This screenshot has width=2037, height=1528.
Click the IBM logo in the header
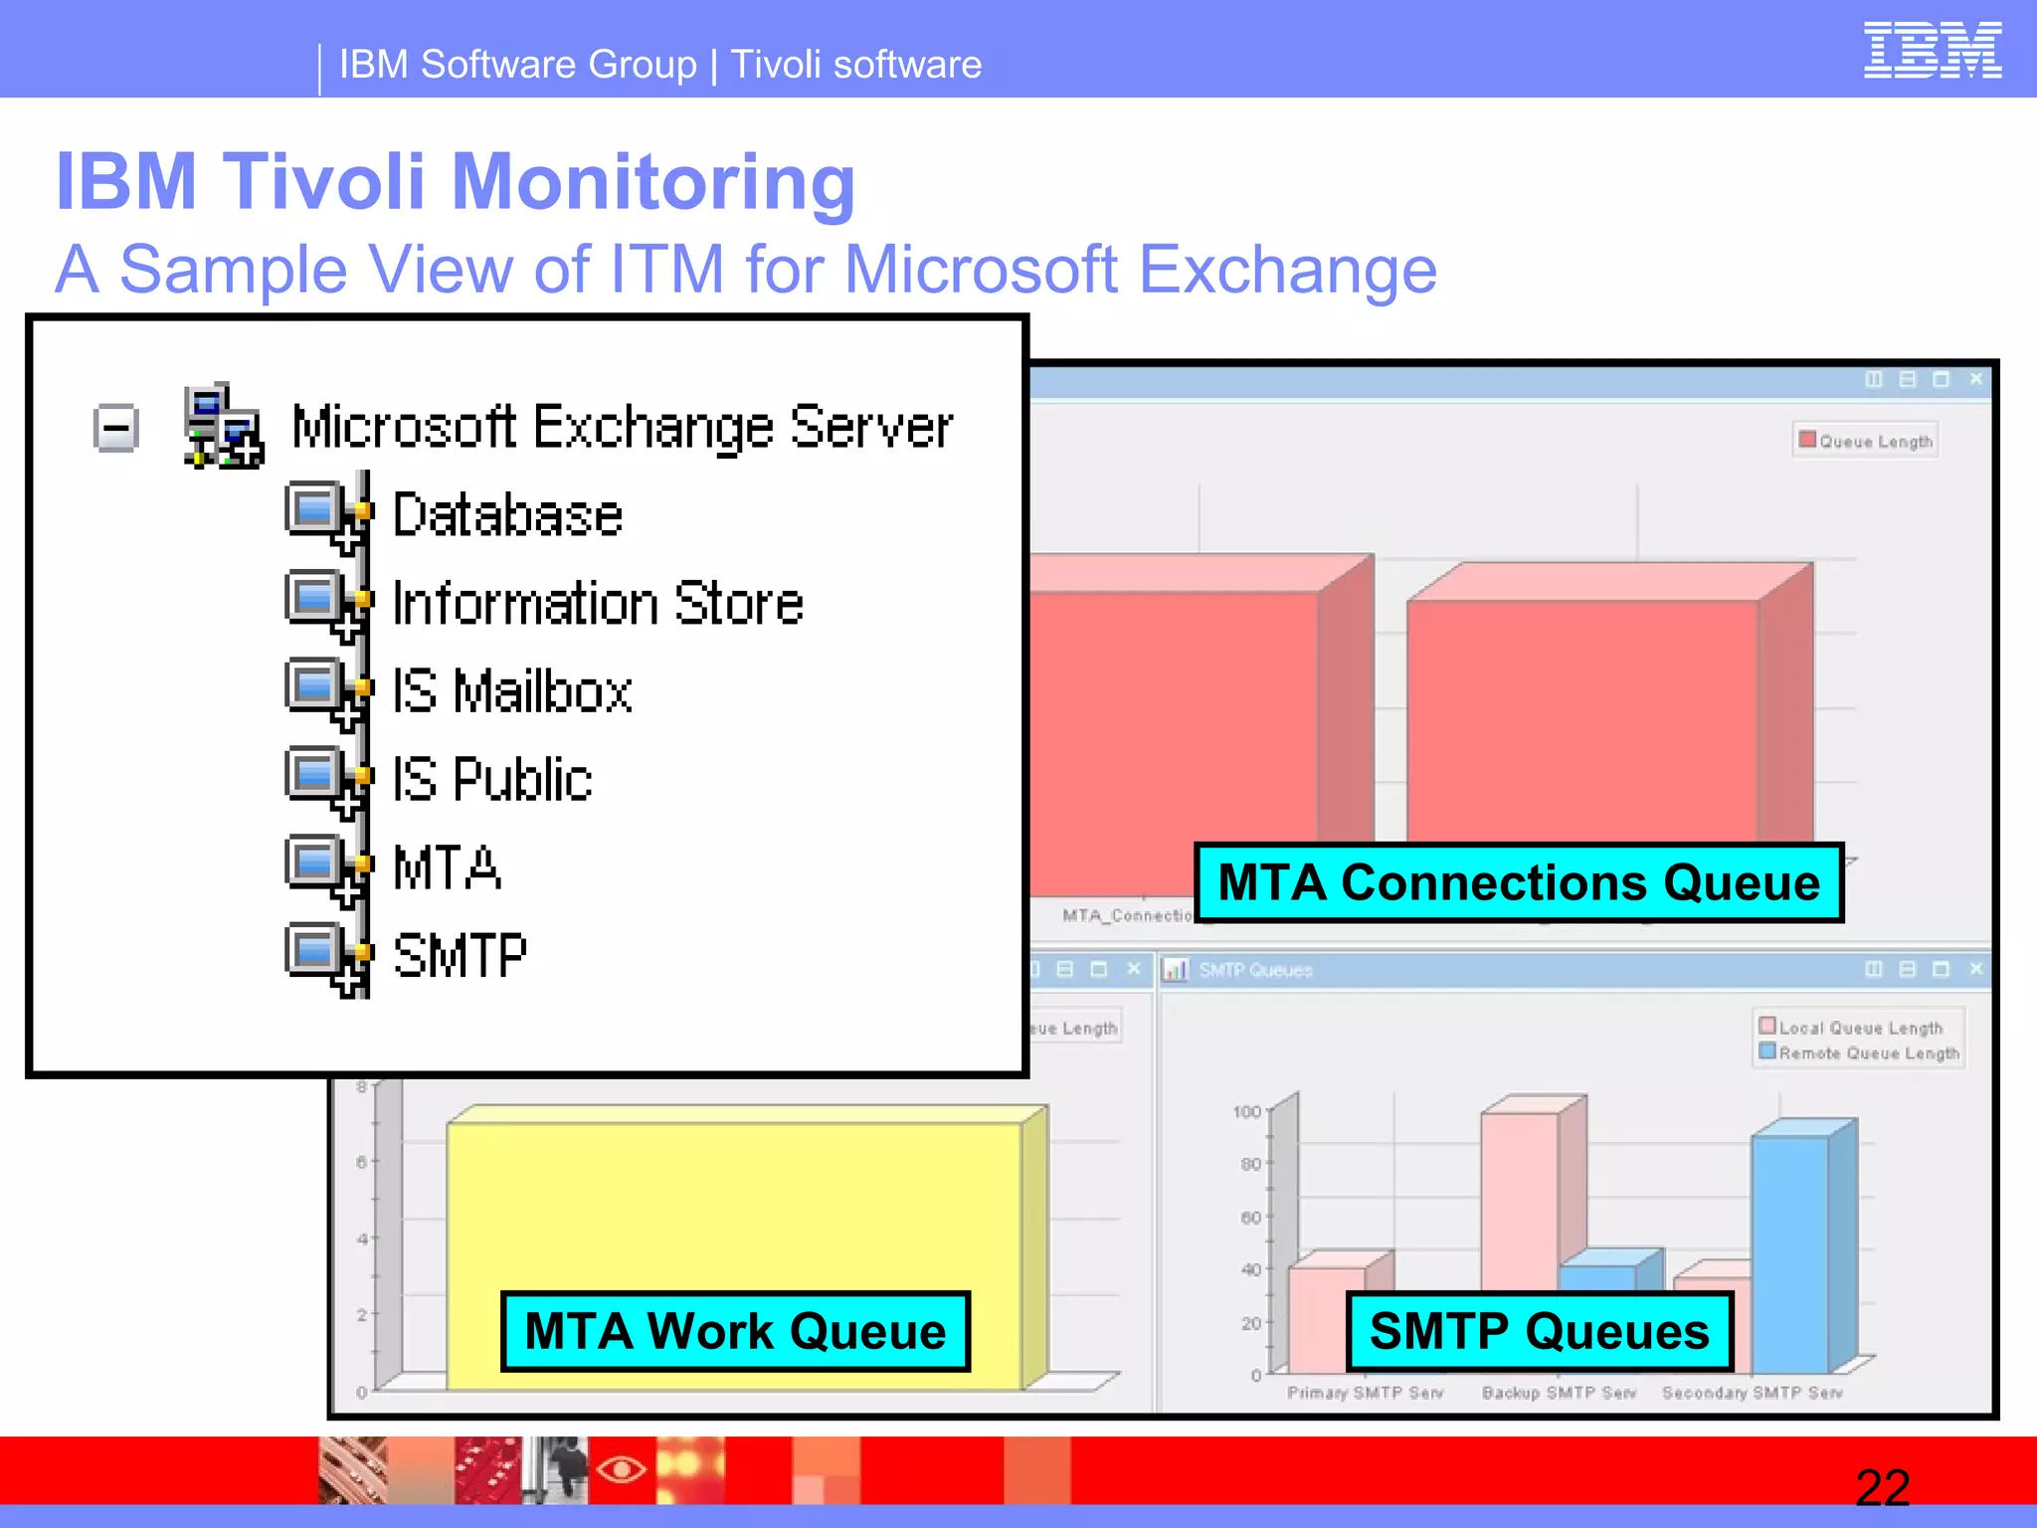[1932, 51]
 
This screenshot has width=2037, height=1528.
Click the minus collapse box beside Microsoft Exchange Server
[116, 429]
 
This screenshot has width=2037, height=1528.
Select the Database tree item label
[507, 515]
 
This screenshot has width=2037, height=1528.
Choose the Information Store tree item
[598, 604]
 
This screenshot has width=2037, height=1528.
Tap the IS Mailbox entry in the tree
[512, 691]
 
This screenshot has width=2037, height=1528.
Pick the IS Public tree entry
[492, 779]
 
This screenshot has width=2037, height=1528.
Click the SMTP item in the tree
[460, 956]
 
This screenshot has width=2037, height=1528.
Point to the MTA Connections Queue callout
[1518, 882]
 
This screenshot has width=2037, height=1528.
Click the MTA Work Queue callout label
[735, 1331]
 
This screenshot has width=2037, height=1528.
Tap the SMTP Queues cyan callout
[1539, 1331]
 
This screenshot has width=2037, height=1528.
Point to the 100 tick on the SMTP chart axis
[1246, 1111]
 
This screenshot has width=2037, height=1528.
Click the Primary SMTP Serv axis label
[1365, 1393]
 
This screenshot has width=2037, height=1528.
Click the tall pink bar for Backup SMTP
[1519, 1194]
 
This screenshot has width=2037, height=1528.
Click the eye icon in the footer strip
[622, 1468]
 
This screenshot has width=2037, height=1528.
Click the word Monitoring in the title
[652, 182]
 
